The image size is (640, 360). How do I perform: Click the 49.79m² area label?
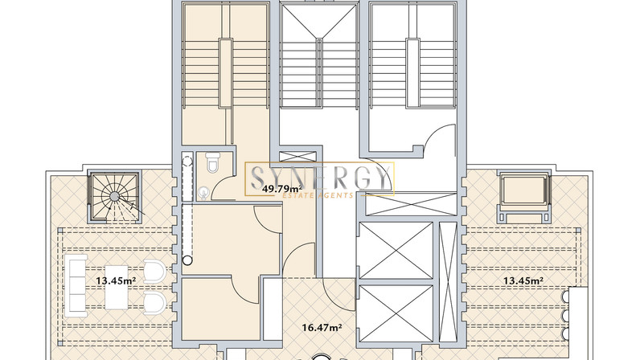coord(282,189)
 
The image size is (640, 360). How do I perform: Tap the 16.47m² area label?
coord(322,327)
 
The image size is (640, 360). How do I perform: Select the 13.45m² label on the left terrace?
coord(116,280)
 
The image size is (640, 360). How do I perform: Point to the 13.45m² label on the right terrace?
coord(523,280)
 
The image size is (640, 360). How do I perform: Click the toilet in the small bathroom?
coord(211,162)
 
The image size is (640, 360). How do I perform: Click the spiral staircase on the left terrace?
coord(115,197)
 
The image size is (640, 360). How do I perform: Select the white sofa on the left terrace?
coord(76,286)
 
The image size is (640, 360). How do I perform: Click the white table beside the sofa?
coord(117,288)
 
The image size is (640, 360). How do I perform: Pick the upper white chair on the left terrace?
coord(154,272)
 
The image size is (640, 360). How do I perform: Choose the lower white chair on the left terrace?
coord(154,303)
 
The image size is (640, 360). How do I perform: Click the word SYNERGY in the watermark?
coord(319,178)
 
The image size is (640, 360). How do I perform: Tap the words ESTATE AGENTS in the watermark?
coord(318,195)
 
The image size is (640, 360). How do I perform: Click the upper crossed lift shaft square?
coord(395,251)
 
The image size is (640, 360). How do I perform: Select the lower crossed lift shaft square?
coord(395,313)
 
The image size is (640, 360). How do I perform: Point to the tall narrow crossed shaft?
coord(448,281)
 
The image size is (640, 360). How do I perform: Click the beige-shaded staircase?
coord(225,73)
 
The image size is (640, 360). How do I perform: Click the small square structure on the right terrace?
coord(524,196)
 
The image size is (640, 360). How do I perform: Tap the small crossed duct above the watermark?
coord(298,157)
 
